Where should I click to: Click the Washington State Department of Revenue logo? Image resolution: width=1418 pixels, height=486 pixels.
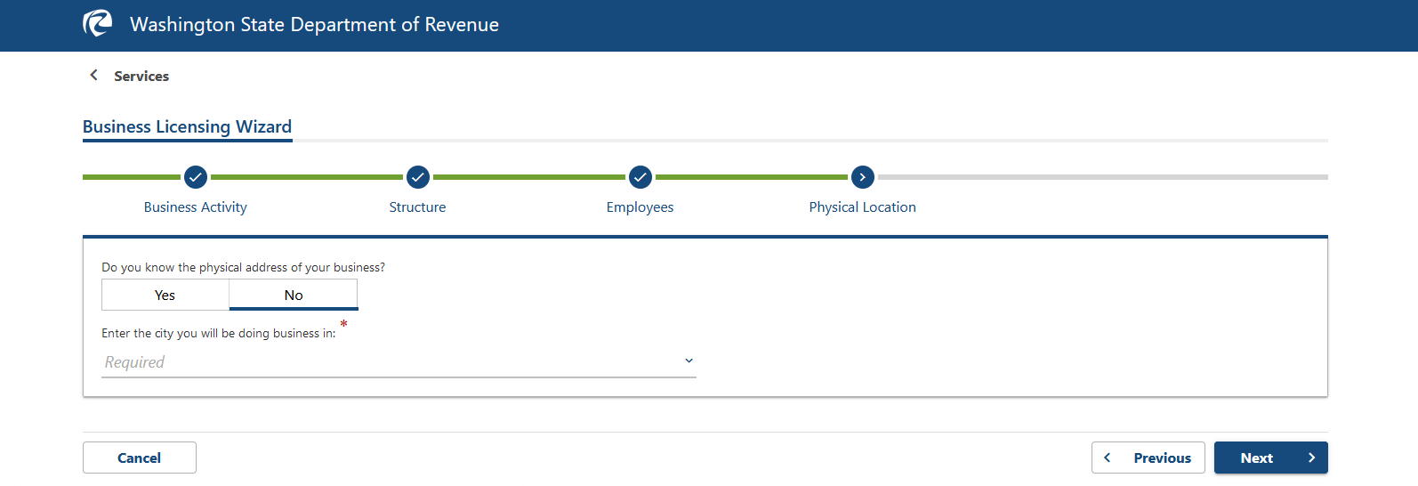[x=98, y=23]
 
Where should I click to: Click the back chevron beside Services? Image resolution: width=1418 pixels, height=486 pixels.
[x=93, y=76]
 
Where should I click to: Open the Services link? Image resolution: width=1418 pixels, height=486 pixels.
[x=141, y=77]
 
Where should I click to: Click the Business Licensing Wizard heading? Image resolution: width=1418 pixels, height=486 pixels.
[x=187, y=126]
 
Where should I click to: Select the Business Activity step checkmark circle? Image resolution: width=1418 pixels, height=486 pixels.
[x=196, y=177]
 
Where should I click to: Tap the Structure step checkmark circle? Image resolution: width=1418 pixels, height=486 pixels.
[x=418, y=177]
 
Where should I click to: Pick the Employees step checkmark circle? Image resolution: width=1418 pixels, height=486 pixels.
[x=641, y=177]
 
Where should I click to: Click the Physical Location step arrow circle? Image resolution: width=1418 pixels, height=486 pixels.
[x=863, y=177]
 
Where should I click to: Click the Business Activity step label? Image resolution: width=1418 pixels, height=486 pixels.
[x=196, y=207]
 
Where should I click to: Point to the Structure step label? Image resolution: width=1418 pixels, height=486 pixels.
[x=417, y=207]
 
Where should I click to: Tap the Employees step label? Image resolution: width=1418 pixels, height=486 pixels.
[x=640, y=207]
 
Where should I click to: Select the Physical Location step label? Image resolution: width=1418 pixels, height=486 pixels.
[x=862, y=207]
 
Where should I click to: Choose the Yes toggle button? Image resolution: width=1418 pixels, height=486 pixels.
[x=165, y=295]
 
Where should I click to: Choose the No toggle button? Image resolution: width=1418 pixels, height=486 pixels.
[x=294, y=295]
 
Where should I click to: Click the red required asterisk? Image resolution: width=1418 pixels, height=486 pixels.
[x=343, y=324]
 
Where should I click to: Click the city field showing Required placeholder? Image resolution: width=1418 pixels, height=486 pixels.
[x=391, y=362]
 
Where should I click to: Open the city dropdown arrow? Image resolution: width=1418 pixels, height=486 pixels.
[x=689, y=360]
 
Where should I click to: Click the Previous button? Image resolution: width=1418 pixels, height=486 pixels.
[x=1148, y=458]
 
